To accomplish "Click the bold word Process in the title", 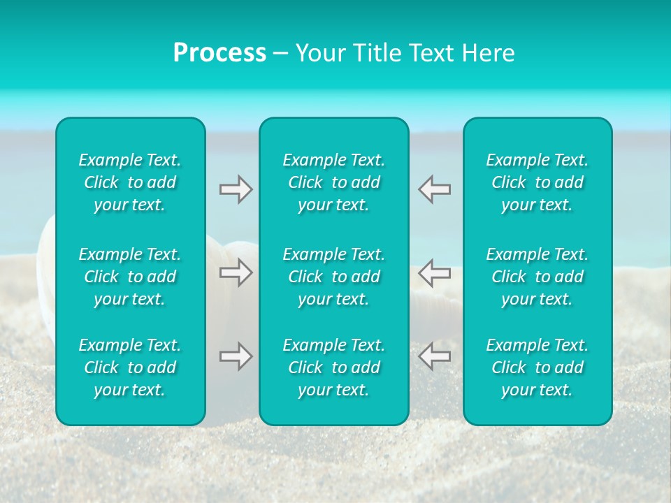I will coord(219,53).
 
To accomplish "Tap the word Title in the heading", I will coord(377,53).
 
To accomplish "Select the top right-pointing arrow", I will coord(236,189).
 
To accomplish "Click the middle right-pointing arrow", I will coord(236,272).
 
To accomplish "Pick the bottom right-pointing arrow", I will coord(236,356).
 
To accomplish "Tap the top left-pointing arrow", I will coord(434,189).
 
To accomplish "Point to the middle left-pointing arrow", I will coord(434,272).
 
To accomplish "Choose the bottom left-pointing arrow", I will coord(434,356).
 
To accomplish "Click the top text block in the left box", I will coord(130,182).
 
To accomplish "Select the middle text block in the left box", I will coord(130,277).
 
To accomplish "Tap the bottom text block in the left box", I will coord(130,367).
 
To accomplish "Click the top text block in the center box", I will coord(334,182).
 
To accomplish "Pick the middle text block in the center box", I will coord(334,277).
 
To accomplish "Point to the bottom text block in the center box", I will coord(334,367).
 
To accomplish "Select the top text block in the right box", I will coord(537,182).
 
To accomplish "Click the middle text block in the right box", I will coord(537,277).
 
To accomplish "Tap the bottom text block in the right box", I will coord(537,367).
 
